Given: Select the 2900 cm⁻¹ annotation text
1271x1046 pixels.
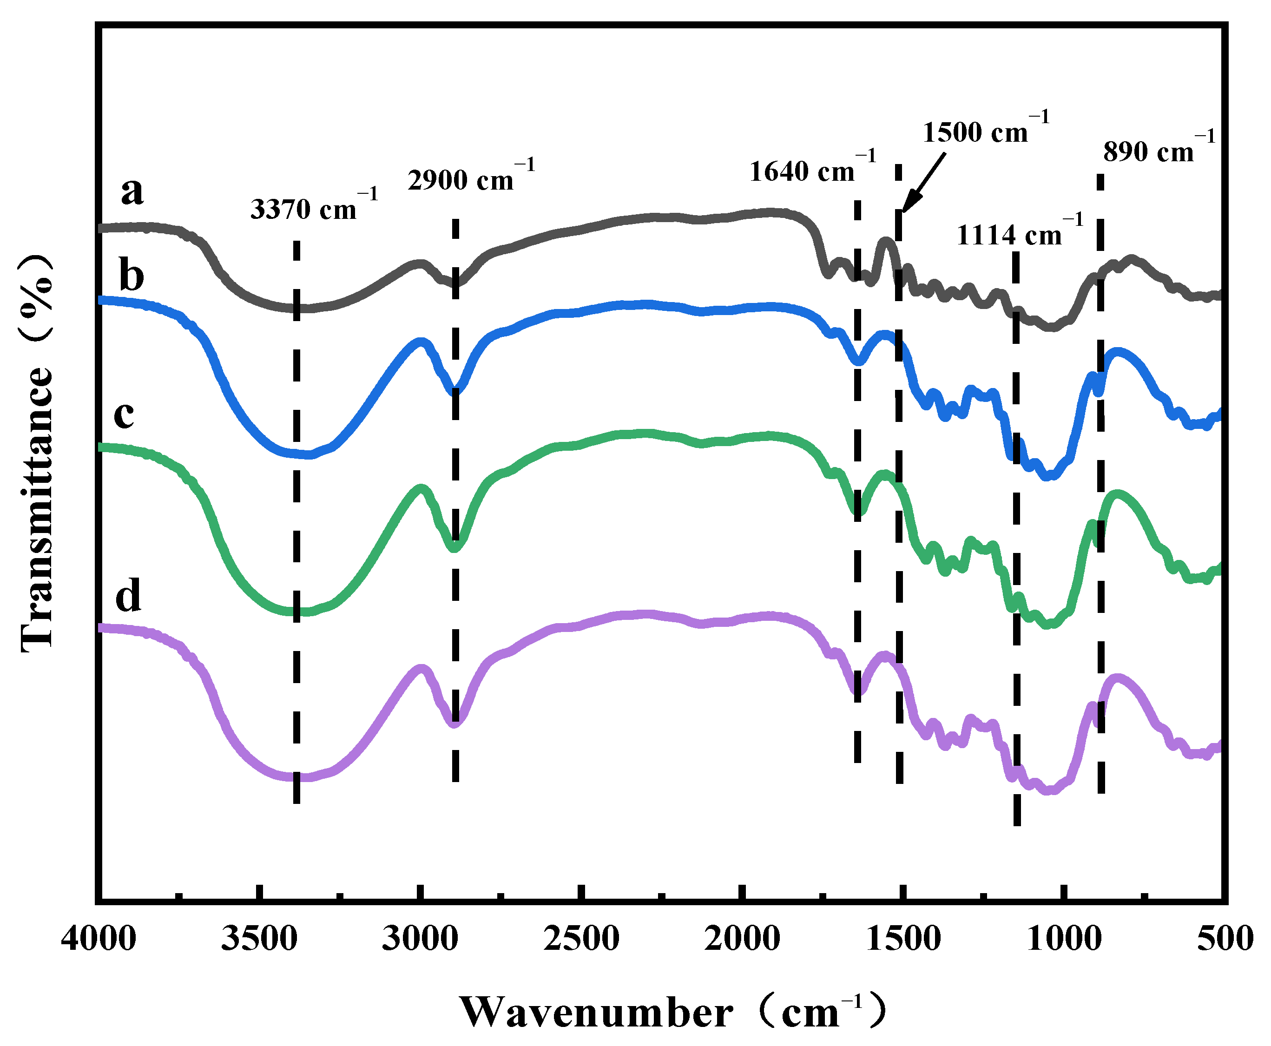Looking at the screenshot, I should pos(471,178).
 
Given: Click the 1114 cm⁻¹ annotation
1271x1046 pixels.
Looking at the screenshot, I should pos(1019,233).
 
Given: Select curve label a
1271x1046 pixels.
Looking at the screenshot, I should pos(132,191).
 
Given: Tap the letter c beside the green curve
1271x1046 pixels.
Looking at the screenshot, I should pos(124,414).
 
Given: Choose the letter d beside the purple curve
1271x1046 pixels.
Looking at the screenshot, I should pos(128,595).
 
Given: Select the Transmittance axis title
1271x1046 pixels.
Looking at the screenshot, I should pos(37,452).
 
